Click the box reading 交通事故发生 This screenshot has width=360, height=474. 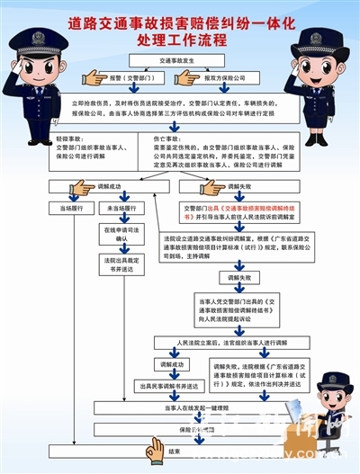(x=180, y=61)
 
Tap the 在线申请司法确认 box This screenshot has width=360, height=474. (x=121, y=234)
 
